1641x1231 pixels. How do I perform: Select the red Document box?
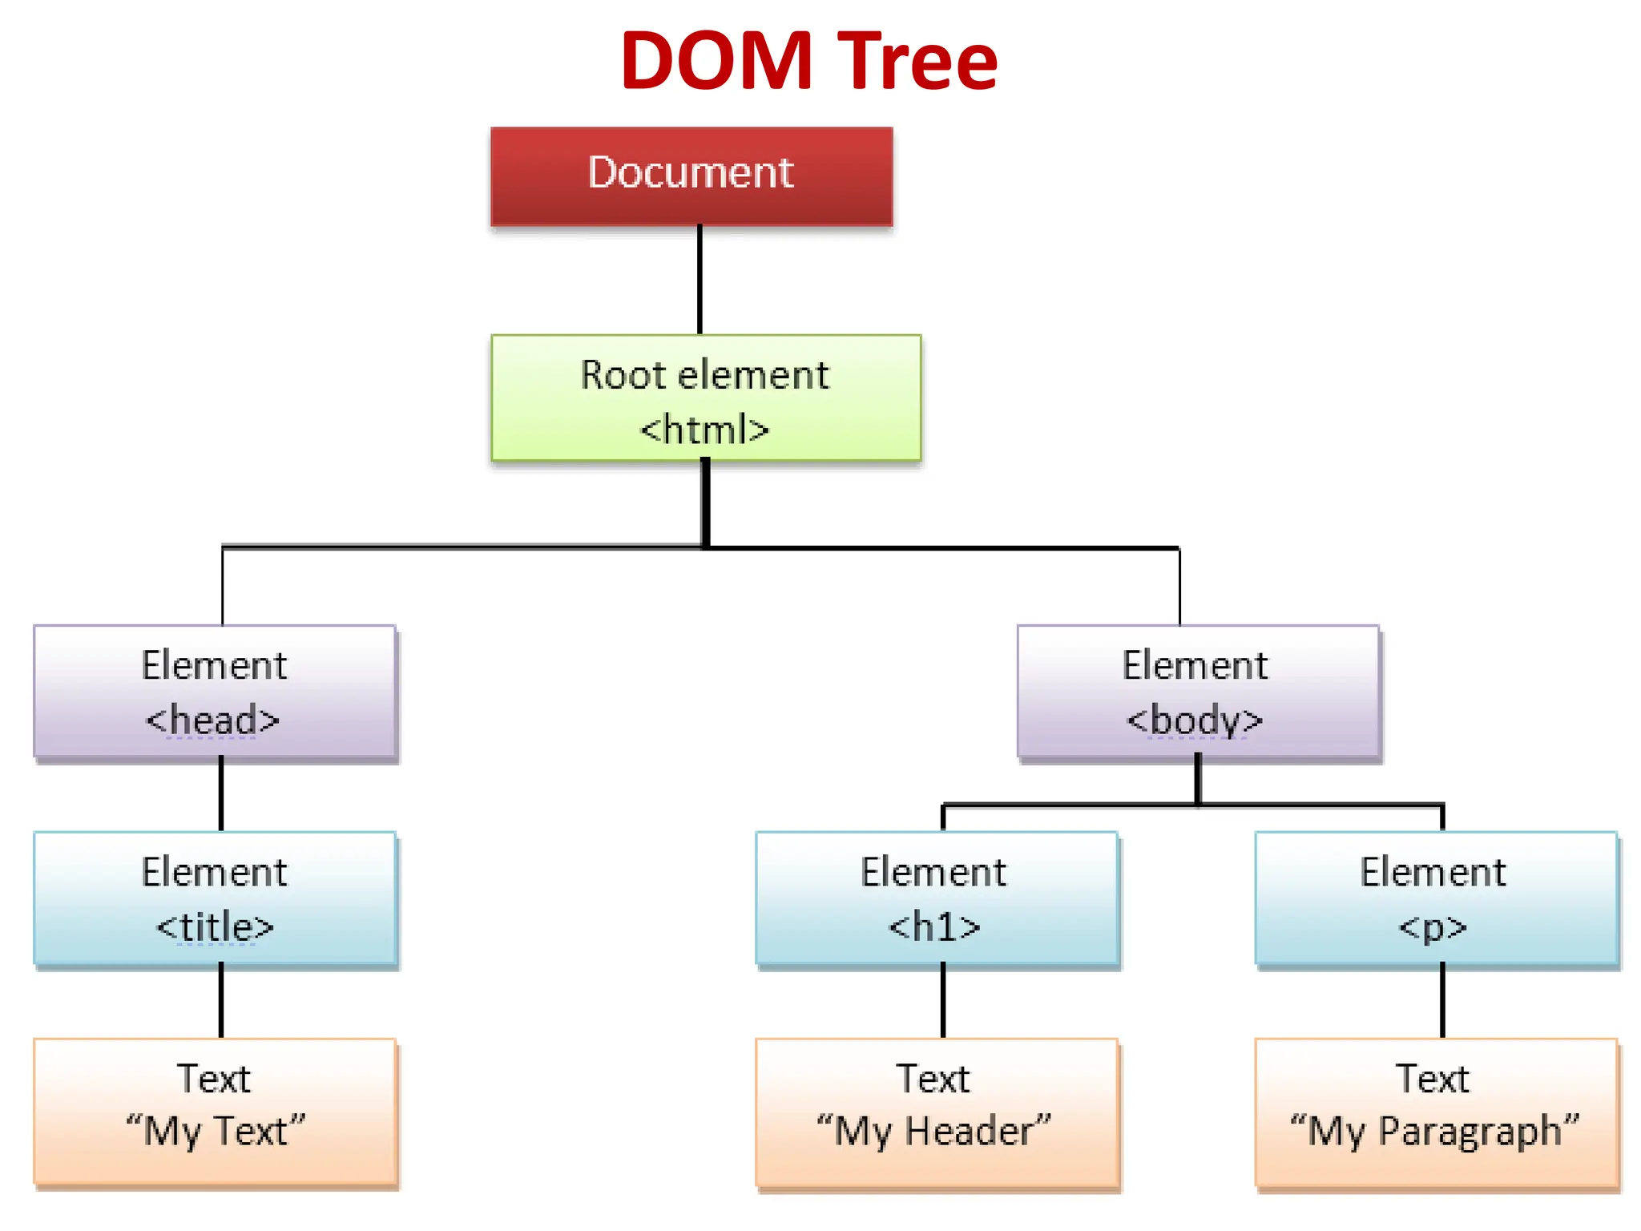(x=691, y=176)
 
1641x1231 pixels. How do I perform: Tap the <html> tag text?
(x=704, y=430)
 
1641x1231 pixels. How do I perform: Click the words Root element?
(x=704, y=375)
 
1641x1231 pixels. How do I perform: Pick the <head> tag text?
(x=212, y=720)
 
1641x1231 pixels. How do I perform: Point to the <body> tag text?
(x=1195, y=720)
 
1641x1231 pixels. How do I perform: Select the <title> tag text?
(x=215, y=927)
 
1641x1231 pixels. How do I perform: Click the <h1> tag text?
(x=934, y=927)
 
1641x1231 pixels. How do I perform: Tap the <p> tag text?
(x=1433, y=927)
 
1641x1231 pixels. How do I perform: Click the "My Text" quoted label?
(x=216, y=1131)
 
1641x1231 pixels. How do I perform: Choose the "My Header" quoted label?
(x=933, y=1131)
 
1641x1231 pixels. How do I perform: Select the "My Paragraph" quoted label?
(x=1434, y=1131)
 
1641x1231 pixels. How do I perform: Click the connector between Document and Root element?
(x=700, y=280)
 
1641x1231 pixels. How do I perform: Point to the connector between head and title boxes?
(x=221, y=794)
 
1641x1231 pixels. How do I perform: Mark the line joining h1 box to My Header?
(x=943, y=1001)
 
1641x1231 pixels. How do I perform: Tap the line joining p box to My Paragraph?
(x=1442, y=1001)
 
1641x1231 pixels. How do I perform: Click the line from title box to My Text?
(x=221, y=1001)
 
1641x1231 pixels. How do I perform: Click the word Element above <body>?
(x=1195, y=665)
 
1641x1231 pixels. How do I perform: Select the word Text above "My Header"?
(x=933, y=1079)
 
